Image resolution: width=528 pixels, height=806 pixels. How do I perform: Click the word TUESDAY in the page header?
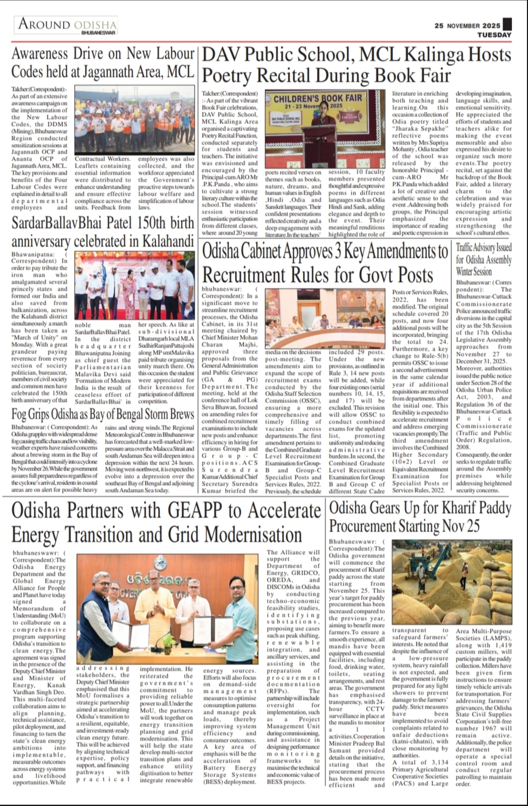tap(494, 35)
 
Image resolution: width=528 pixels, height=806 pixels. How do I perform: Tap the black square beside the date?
tap(507, 25)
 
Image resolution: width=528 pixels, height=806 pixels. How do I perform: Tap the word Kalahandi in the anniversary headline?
tap(162, 240)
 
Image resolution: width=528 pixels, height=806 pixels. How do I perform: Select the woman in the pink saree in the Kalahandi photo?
tap(129, 292)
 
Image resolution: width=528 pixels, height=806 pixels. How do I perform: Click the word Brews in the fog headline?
tap(176, 415)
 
